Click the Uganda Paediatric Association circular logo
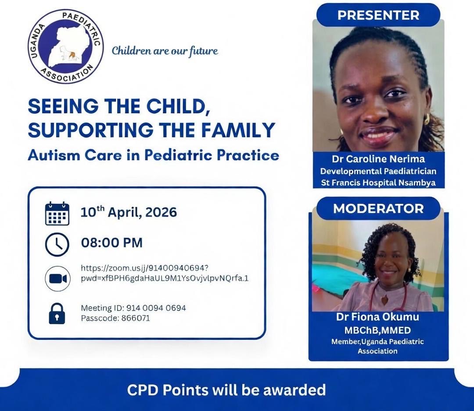pyautogui.click(x=65, y=46)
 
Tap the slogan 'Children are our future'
pyautogui.click(x=165, y=51)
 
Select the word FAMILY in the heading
pyautogui.click(x=241, y=130)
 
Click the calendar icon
pyautogui.click(x=57, y=214)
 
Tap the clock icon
pyautogui.click(x=57, y=244)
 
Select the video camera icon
pyautogui.click(x=57, y=279)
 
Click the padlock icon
pyautogui.click(x=57, y=313)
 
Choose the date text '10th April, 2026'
pyautogui.click(x=129, y=213)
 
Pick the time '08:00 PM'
pyautogui.click(x=112, y=243)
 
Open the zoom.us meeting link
pyautogui.click(x=165, y=273)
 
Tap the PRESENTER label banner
pyautogui.click(x=378, y=15)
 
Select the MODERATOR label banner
pyautogui.click(x=378, y=208)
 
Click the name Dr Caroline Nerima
pyautogui.click(x=378, y=159)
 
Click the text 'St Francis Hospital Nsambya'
pyautogui.click(x=378, y=182)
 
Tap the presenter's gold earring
pyautogui.click(x=426, y=119)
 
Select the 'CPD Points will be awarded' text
pyautogui.click(x=226, y=390)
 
